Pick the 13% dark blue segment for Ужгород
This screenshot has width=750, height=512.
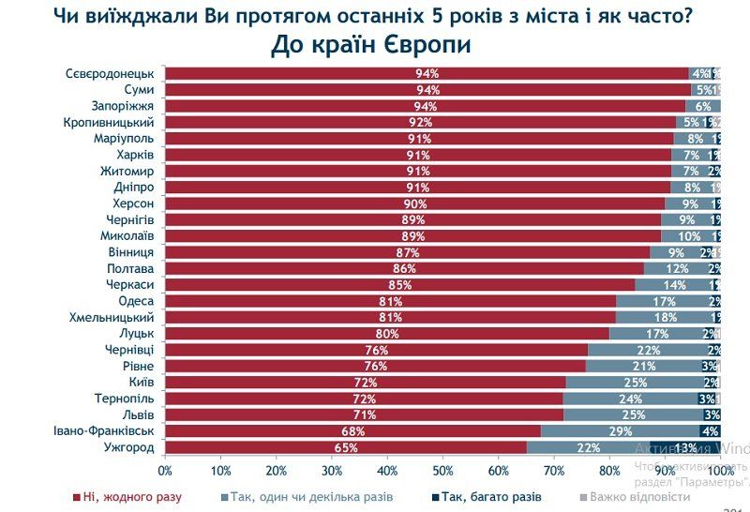(x=685, y=447)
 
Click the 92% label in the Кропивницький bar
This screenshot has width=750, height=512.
(x=420, y=122)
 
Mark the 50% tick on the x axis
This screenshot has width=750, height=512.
(x=442, y=470)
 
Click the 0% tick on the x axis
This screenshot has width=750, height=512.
(x=165, y=470)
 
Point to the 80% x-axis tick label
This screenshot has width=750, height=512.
(x=609, y=470)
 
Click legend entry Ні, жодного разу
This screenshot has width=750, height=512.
(x=127, y=496)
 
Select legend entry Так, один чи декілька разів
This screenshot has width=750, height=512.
(x=306, y=496)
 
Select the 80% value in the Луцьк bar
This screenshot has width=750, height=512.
(x=388, y=334)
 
